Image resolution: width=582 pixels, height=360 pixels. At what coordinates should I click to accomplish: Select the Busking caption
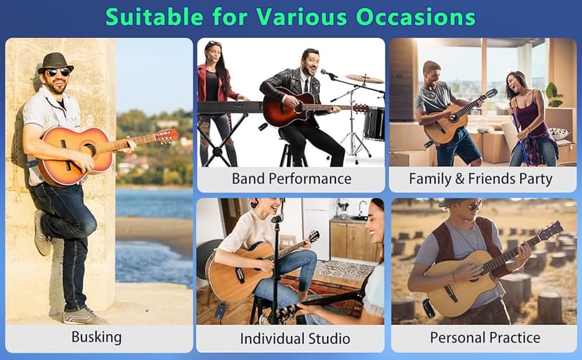(x=96, y=337)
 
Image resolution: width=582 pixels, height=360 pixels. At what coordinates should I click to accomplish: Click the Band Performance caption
(x=291, y=179)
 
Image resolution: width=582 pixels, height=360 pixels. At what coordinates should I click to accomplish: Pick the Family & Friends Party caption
(x=481, y=179)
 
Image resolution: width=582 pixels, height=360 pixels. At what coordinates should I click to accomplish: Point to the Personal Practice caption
(x=485, y=337)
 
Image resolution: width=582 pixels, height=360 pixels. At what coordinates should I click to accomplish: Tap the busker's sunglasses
(x=58, y=72)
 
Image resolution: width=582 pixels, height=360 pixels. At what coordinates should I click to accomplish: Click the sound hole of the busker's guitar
(x=89, y=150)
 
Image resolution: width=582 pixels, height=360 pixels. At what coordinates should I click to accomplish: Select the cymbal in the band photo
(x=364, y=79)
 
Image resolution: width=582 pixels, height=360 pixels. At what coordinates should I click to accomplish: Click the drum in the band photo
(x=374, y=123)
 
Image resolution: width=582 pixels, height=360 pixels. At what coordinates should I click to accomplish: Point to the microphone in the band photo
(x=326, y=72)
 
